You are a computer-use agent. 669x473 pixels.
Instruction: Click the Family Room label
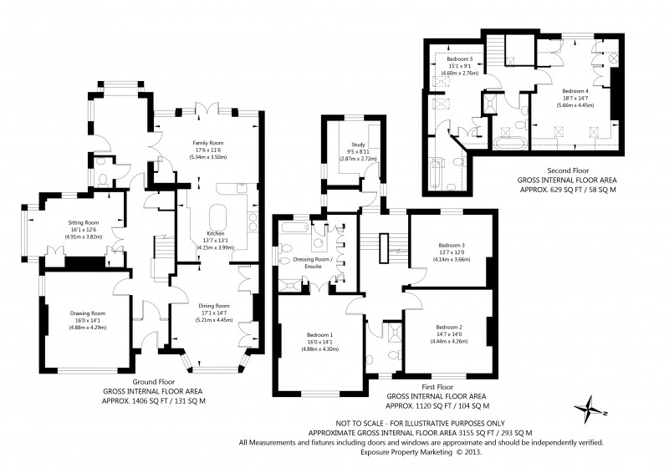point(207,143)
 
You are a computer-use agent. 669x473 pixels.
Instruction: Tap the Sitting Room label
point(84,222)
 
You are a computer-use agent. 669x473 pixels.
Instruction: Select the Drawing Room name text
point(88,313)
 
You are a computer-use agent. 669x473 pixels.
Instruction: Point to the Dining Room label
point(214,306)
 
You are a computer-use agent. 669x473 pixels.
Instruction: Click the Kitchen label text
point(216,234)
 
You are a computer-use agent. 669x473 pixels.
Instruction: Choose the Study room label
point(359,145)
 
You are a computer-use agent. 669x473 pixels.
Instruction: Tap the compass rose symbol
point(590,409)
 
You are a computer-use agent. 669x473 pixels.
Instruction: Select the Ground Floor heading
point(154,382)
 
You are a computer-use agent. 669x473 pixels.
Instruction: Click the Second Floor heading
point(568,170)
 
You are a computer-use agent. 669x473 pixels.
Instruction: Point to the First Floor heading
point(437,387)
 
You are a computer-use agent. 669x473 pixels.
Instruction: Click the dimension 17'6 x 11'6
point(207,150)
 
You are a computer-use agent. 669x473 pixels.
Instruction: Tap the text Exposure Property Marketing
point(406,451)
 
